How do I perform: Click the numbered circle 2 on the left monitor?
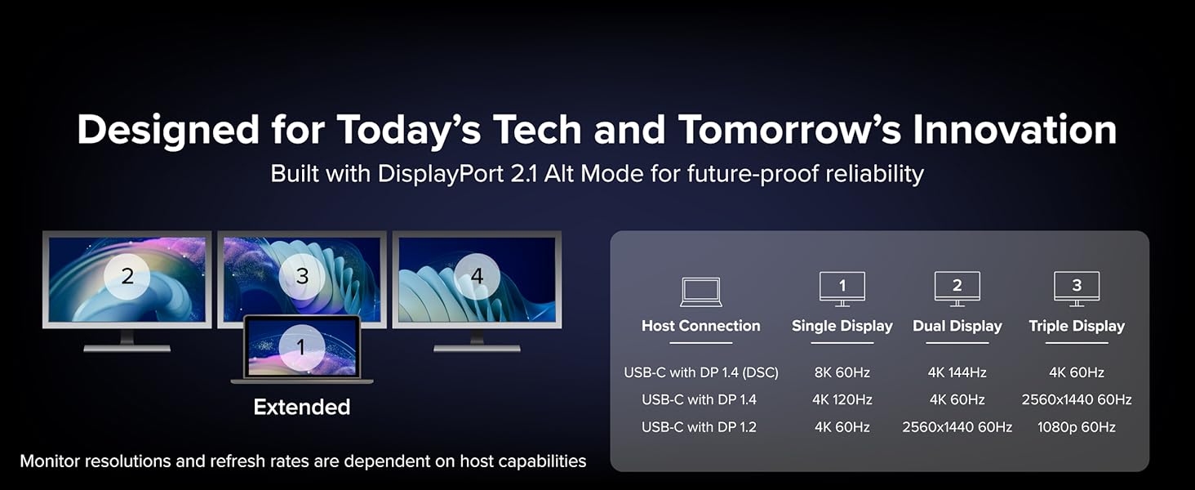click(127, 277)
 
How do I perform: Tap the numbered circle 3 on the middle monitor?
click(302, 277)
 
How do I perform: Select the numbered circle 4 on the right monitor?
click(477, 277)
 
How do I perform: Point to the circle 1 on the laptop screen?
click(300, 348)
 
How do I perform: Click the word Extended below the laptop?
click(302, 407)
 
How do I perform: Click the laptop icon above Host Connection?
click(700, 292)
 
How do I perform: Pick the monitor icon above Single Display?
click(842, 288)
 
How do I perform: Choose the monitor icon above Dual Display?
click(957, 288)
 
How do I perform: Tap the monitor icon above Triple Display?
click(1077, 288)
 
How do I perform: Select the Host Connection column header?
click(700, 326)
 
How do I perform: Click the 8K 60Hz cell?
click(842, 372)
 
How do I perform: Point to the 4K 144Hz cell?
click(957, 372)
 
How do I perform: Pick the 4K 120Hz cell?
click(842, 399)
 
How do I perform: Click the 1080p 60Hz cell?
click(1077, 427)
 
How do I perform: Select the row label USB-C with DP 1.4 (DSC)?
click(701, 372)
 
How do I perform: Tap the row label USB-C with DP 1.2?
click(700, 427)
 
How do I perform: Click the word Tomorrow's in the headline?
click(787, 129)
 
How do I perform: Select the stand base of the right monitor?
click(477, 348)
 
